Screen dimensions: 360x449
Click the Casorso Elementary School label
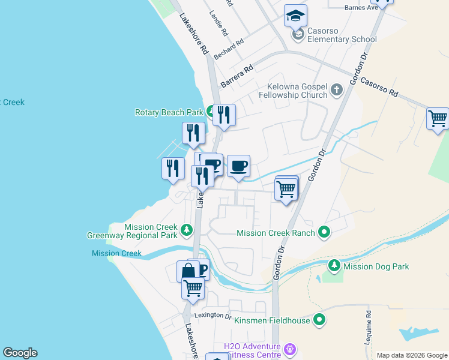342,35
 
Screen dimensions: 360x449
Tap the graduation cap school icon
295,16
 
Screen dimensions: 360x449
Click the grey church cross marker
336,91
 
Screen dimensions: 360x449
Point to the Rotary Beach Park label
169,112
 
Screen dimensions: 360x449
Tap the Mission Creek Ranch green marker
324,232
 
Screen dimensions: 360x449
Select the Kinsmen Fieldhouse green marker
320,320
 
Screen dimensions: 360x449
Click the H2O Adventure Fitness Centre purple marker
291,349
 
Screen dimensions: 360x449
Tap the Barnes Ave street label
361,7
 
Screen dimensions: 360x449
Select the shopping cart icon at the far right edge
438,118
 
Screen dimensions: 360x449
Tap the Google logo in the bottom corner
20,353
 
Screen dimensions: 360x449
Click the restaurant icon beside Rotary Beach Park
224,114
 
